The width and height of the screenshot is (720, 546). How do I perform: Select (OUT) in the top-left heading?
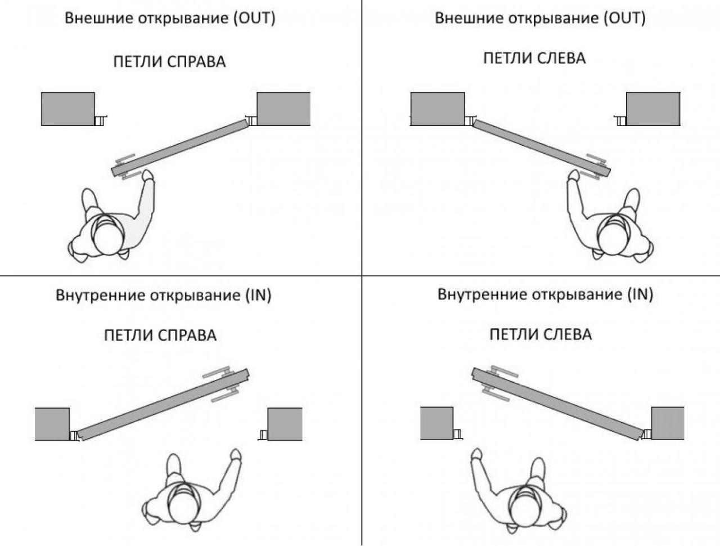click(x=254, y=18)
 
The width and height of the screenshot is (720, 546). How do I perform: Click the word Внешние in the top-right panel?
click(x=469, y=18)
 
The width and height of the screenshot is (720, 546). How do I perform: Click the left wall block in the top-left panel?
click(x=68, y=109)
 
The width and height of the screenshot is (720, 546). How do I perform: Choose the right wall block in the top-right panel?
click(x=653, y=109)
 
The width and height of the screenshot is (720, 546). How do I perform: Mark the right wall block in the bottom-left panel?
click(x=285, y=424)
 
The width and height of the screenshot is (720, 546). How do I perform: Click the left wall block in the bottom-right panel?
click(x=436, y=423)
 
